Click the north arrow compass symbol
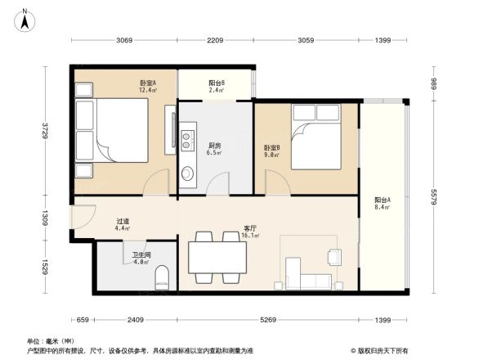pos(25,18)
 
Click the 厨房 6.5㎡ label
pos(214,149)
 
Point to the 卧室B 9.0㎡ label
pos(271,151)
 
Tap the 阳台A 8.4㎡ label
pos(382,204)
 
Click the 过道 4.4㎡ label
pos(123,224)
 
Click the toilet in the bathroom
pos(162,277)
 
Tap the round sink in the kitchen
pos(188,173)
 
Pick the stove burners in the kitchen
pos(187,134)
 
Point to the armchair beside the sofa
pos(334,257)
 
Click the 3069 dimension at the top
pos(124,40)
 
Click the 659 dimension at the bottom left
pos(82,320)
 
